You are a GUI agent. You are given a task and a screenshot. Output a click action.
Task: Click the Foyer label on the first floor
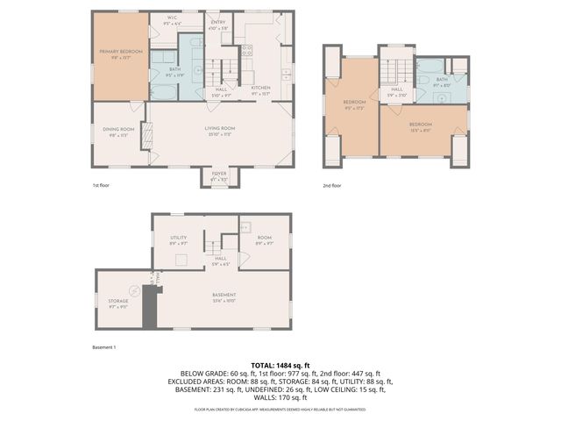pos(217,176)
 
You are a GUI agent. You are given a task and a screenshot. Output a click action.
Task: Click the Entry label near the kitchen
pos(217,25)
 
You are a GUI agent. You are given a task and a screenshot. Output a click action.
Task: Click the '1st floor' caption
pos(102,186)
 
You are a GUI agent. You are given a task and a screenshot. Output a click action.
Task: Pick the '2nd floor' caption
pos(331,186)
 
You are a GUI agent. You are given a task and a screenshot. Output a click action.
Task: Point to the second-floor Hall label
pos(396,91)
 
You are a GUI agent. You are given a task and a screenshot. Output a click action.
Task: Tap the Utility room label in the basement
pos(178,239)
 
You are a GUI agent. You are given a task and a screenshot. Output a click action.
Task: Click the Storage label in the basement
pos(117,303)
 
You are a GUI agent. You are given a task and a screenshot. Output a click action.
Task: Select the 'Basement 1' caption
pos(103,347)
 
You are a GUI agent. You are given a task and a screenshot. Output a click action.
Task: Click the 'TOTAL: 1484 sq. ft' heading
pos(280,365)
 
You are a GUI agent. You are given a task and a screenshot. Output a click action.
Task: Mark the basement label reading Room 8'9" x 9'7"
pos(264,239)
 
